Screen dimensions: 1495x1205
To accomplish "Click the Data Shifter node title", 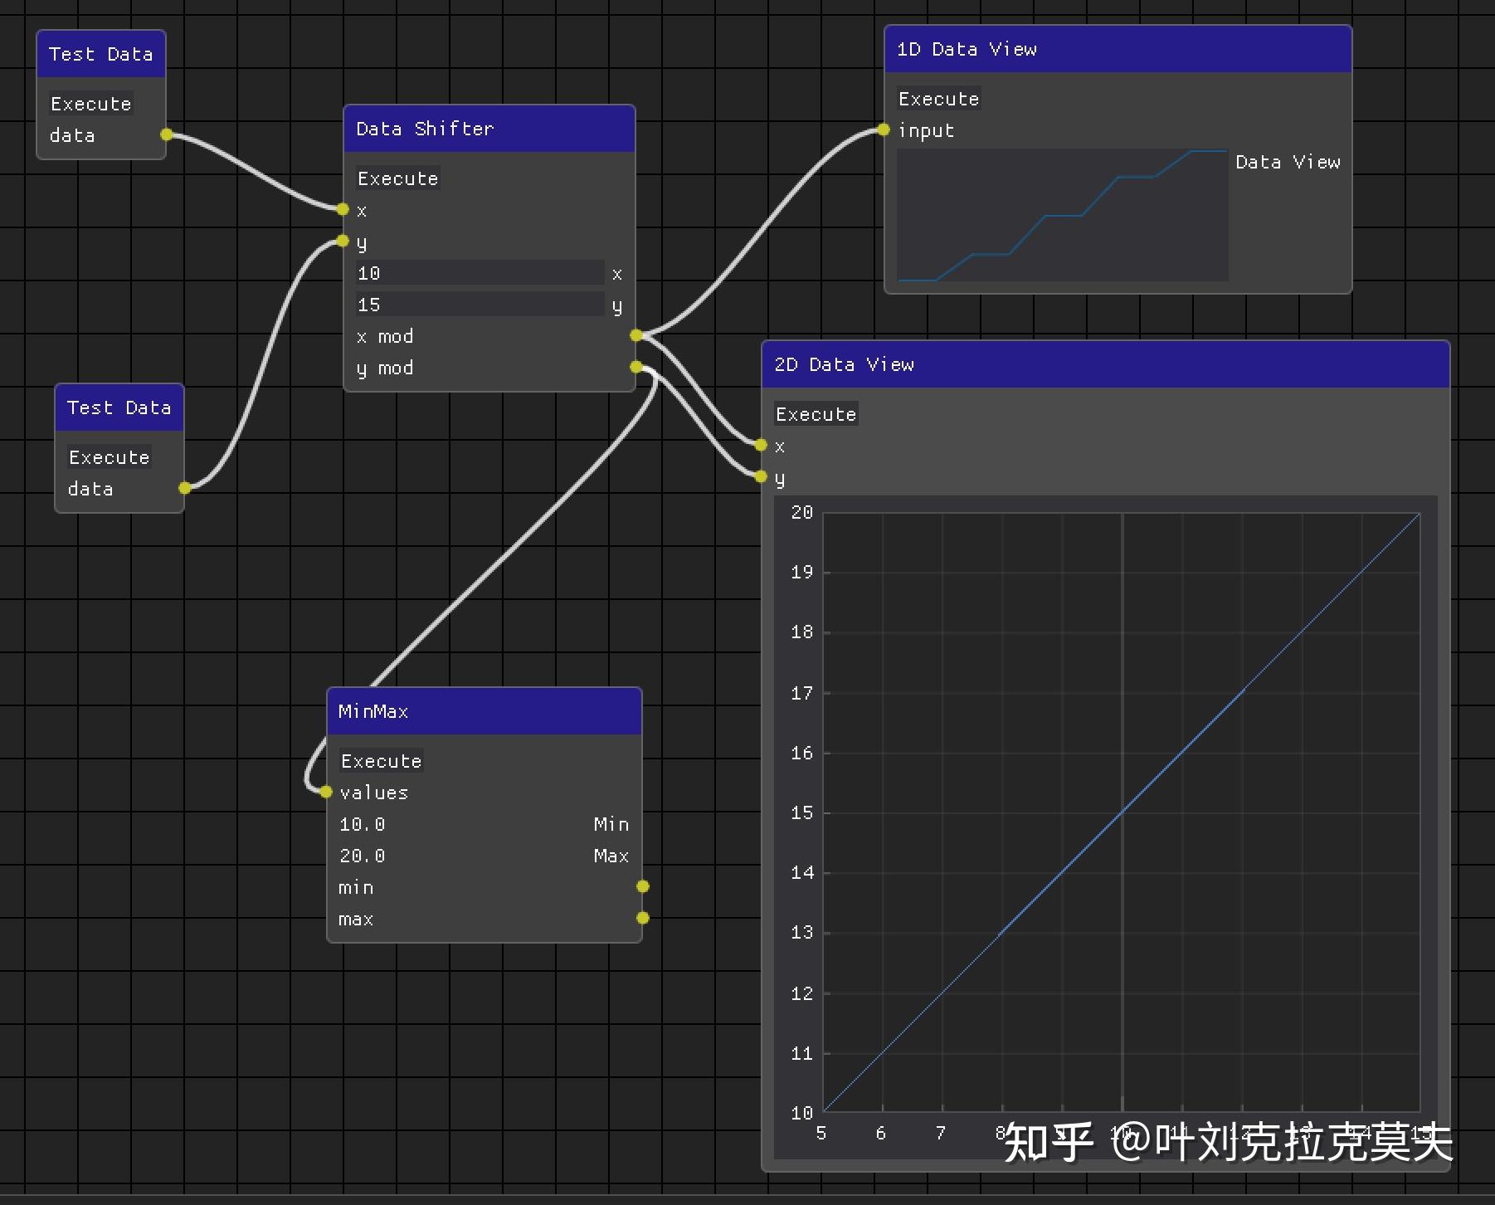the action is (x=425, y=129).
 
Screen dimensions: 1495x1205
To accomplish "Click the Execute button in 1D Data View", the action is (x=938, y=99).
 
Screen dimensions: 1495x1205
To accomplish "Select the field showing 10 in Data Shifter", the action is (x=480, y=273).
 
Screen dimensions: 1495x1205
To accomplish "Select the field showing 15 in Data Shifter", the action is (x=480, y=305).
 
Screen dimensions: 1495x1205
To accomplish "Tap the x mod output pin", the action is (x=635, y=335).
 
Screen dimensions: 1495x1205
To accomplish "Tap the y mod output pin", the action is (x=635, y=367).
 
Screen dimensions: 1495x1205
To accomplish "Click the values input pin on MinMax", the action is (x=326, y=792).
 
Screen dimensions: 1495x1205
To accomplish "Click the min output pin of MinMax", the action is (x=642, y=886).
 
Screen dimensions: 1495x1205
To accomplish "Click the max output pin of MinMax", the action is (x=642, y=918).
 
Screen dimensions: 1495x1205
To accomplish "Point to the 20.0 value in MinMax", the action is (x=363, y=856).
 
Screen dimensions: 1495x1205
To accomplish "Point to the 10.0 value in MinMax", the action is (x=363, y=824).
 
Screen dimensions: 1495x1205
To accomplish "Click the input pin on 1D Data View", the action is (x=884, y=130).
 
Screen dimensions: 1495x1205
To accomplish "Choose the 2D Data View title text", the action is (x=844, y=364).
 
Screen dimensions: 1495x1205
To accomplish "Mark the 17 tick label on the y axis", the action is (x=801, y=693).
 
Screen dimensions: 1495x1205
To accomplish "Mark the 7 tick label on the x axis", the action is (x=941, y=1133).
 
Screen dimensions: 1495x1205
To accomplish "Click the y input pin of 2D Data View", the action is (x=761, y=476).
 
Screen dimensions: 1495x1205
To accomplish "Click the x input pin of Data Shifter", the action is (x=343, y=209).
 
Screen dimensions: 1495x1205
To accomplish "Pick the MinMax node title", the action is (x=373, y=711).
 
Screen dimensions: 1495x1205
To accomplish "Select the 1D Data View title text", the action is (x=967, y=49).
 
